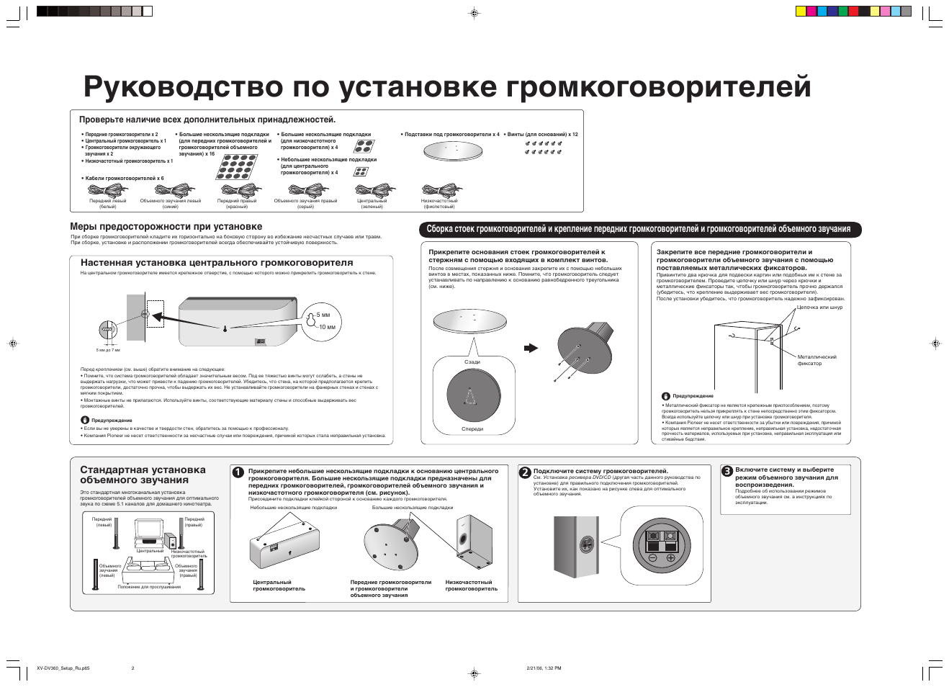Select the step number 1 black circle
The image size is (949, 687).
238,472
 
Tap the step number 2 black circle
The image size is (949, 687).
525,472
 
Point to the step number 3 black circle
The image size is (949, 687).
727,471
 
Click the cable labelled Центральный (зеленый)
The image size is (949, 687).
372,191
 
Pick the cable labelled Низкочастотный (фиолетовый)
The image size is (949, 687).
438,191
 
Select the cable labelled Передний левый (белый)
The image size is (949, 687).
107,191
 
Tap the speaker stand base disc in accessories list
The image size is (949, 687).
451,151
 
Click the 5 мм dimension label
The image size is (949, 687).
323,315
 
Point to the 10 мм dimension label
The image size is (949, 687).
327,327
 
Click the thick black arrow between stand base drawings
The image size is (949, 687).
531,348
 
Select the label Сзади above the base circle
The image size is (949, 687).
472,362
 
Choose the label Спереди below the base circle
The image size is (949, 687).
472,429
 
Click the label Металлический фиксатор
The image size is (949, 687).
817,360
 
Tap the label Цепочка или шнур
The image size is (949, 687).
819,307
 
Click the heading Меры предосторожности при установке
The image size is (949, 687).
166,227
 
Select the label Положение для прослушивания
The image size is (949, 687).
149,587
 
